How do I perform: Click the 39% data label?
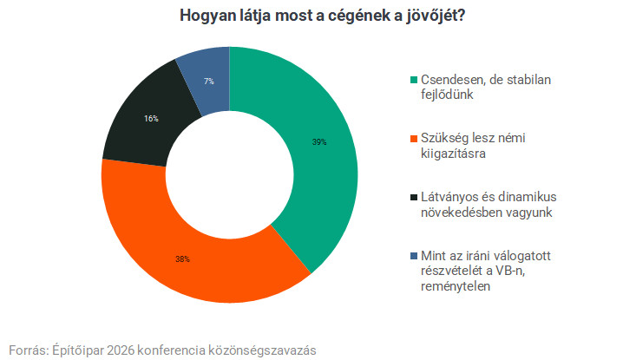point(318,141)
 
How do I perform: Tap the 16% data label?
point(151,119)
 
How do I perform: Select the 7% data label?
point(209,82)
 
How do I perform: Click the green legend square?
point(413,80)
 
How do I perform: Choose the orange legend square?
point(413,141)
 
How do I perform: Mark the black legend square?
point(413,196)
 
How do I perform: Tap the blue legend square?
point(413,258)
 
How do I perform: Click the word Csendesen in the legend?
point(453,80)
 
